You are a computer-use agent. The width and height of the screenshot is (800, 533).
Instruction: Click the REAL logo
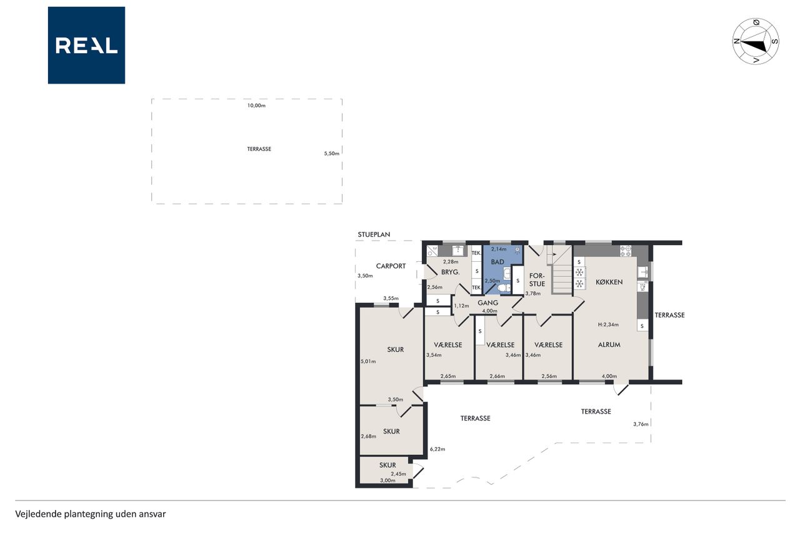[x=86, y=46]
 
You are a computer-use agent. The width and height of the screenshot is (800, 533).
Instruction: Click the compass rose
[x=756, y=41]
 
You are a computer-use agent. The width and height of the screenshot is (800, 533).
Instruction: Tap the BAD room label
[x=497, y=262]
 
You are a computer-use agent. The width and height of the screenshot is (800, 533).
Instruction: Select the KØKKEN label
[x=609, y=282]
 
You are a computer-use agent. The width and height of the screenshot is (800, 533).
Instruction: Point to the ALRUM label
[x=609, y=345]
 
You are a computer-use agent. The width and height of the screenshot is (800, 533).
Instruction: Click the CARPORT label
[x=391, y=266]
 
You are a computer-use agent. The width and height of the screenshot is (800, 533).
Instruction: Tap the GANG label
[x=487, y=302]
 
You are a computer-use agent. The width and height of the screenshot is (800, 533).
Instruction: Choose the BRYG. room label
[x=451, y=272]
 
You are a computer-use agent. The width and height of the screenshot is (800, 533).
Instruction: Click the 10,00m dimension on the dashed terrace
[x=256, y=106]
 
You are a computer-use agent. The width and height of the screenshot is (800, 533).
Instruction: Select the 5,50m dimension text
[x=331, y=154]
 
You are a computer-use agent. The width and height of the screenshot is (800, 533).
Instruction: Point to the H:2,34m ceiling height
[x=608, y=324]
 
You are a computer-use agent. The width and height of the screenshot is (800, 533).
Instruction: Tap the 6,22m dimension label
[x=437, y=449]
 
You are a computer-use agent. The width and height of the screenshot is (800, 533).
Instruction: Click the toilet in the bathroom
[x=504, y=288]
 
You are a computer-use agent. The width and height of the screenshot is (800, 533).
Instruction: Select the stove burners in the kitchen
[x=626, y=251]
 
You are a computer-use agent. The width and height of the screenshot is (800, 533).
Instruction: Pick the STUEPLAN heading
[x=374, y=234]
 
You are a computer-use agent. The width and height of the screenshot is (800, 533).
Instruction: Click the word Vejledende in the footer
[x=38, y=514]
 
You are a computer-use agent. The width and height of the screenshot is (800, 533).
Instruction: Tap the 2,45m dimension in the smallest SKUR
[x=398, y=474]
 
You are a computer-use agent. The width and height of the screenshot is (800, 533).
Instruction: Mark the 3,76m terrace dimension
[x=641, y=424]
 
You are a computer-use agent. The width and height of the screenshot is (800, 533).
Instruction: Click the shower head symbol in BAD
[x=517, y=250]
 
